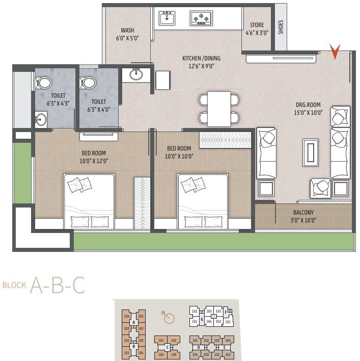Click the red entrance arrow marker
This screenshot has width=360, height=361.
pyautogui.click(x=335, y=51)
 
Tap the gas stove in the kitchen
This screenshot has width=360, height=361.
pyautogui.click(x=201, y=19)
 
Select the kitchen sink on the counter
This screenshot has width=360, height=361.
pyautogui.click(x=167, y=19)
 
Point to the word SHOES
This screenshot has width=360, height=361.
pyautogui.click(x=281, y=27)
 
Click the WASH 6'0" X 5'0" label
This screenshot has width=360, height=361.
pyautogui.click(x=127, y=34)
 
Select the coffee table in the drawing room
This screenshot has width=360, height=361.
pyautogui.click(x=310, y=152)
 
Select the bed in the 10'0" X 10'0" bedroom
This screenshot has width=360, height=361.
pyautogui.click(x=202, y=201)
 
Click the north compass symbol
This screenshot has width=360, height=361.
pyautogui.click(x=170, y=318)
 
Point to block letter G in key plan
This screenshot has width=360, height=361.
pyautogui.click(x=202, y=319)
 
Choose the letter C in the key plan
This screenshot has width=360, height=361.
pyautogui.click(x=167, y=347)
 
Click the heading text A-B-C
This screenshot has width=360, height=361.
pyautogui.click(x=57, y=286)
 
